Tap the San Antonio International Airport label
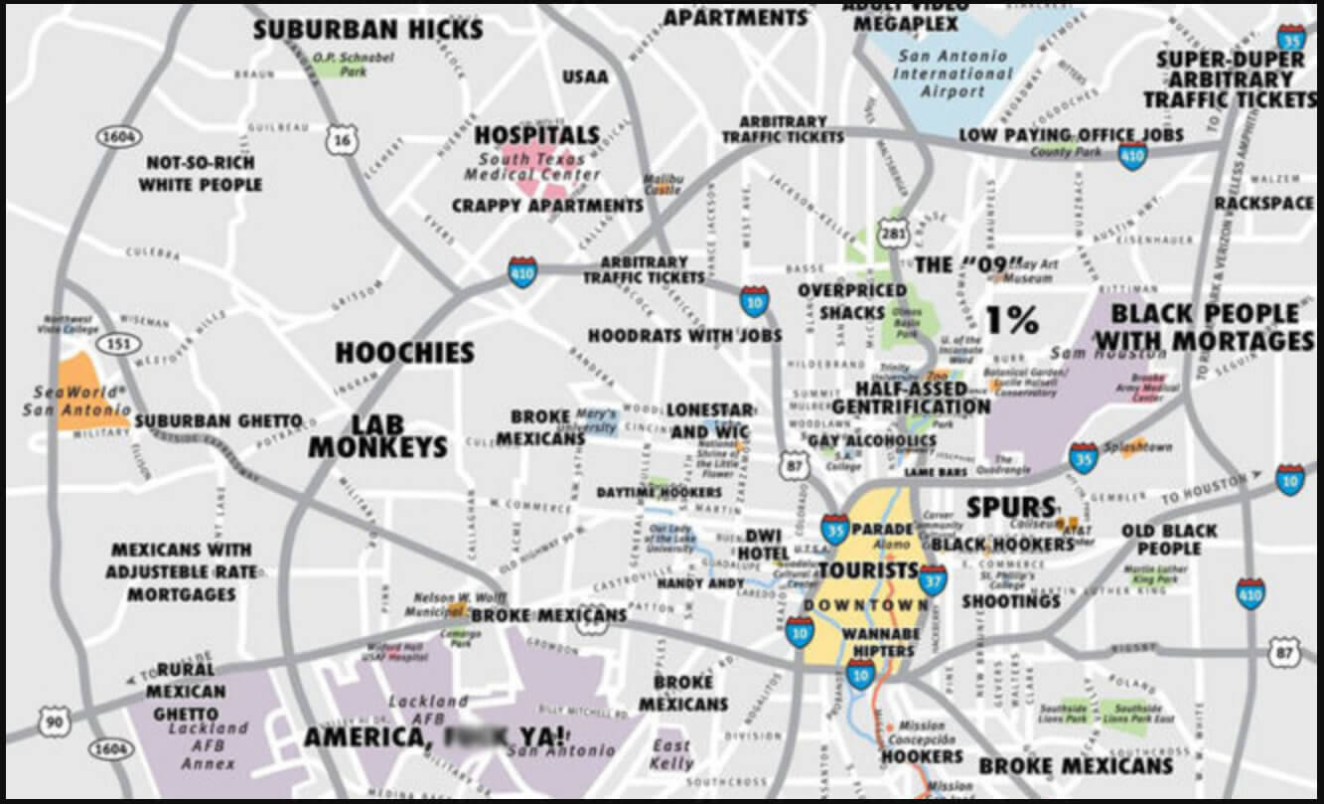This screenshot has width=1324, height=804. (955, 74)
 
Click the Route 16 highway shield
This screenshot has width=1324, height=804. (342, 141)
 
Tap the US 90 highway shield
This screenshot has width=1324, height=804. (53, 722)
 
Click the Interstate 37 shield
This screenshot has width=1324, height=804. (932, 576)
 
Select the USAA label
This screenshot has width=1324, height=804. (585, 77)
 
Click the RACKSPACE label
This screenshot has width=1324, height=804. (1263, 204)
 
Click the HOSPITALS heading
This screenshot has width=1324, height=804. (536, 134)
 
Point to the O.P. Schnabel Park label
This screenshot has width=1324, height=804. (341, 65)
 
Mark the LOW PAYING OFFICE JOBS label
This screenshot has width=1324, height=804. (1071, 134)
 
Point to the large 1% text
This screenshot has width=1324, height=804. (1011, 319)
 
